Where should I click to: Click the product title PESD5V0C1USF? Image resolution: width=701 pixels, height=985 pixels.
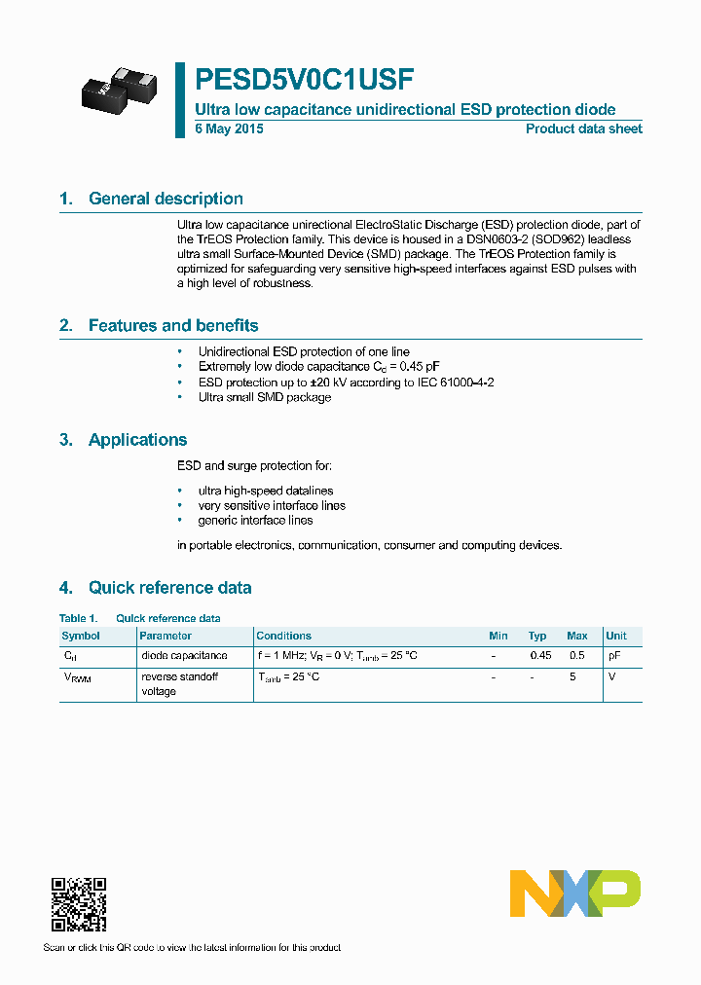306,79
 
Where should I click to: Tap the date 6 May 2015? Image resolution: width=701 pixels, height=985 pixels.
229,129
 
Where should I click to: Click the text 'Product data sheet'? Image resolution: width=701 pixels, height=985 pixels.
583,129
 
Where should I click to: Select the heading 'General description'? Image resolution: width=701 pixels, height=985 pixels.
166,199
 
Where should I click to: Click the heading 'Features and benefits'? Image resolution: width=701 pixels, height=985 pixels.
173,325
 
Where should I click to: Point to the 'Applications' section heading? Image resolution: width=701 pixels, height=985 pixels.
137,440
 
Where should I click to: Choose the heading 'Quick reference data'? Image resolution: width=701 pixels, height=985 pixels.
169,587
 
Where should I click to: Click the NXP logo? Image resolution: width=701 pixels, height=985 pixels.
574,894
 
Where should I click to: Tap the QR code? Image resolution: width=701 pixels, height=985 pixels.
78,904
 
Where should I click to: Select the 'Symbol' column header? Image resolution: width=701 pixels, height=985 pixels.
81,636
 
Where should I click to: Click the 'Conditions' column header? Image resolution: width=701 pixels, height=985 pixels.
283,636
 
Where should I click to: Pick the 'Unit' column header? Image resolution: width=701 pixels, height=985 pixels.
616,636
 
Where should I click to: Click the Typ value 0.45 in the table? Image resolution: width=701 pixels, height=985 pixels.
539,656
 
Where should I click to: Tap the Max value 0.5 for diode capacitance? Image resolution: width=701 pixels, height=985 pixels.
576,656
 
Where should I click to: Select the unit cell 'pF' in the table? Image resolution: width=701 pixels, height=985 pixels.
613,656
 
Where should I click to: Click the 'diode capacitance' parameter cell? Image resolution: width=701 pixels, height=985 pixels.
184,656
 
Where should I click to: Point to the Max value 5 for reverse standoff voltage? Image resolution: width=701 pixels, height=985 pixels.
573,676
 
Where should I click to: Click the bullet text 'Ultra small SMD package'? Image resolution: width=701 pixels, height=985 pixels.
264,397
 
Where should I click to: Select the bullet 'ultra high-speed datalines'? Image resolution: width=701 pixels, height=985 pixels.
265,491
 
